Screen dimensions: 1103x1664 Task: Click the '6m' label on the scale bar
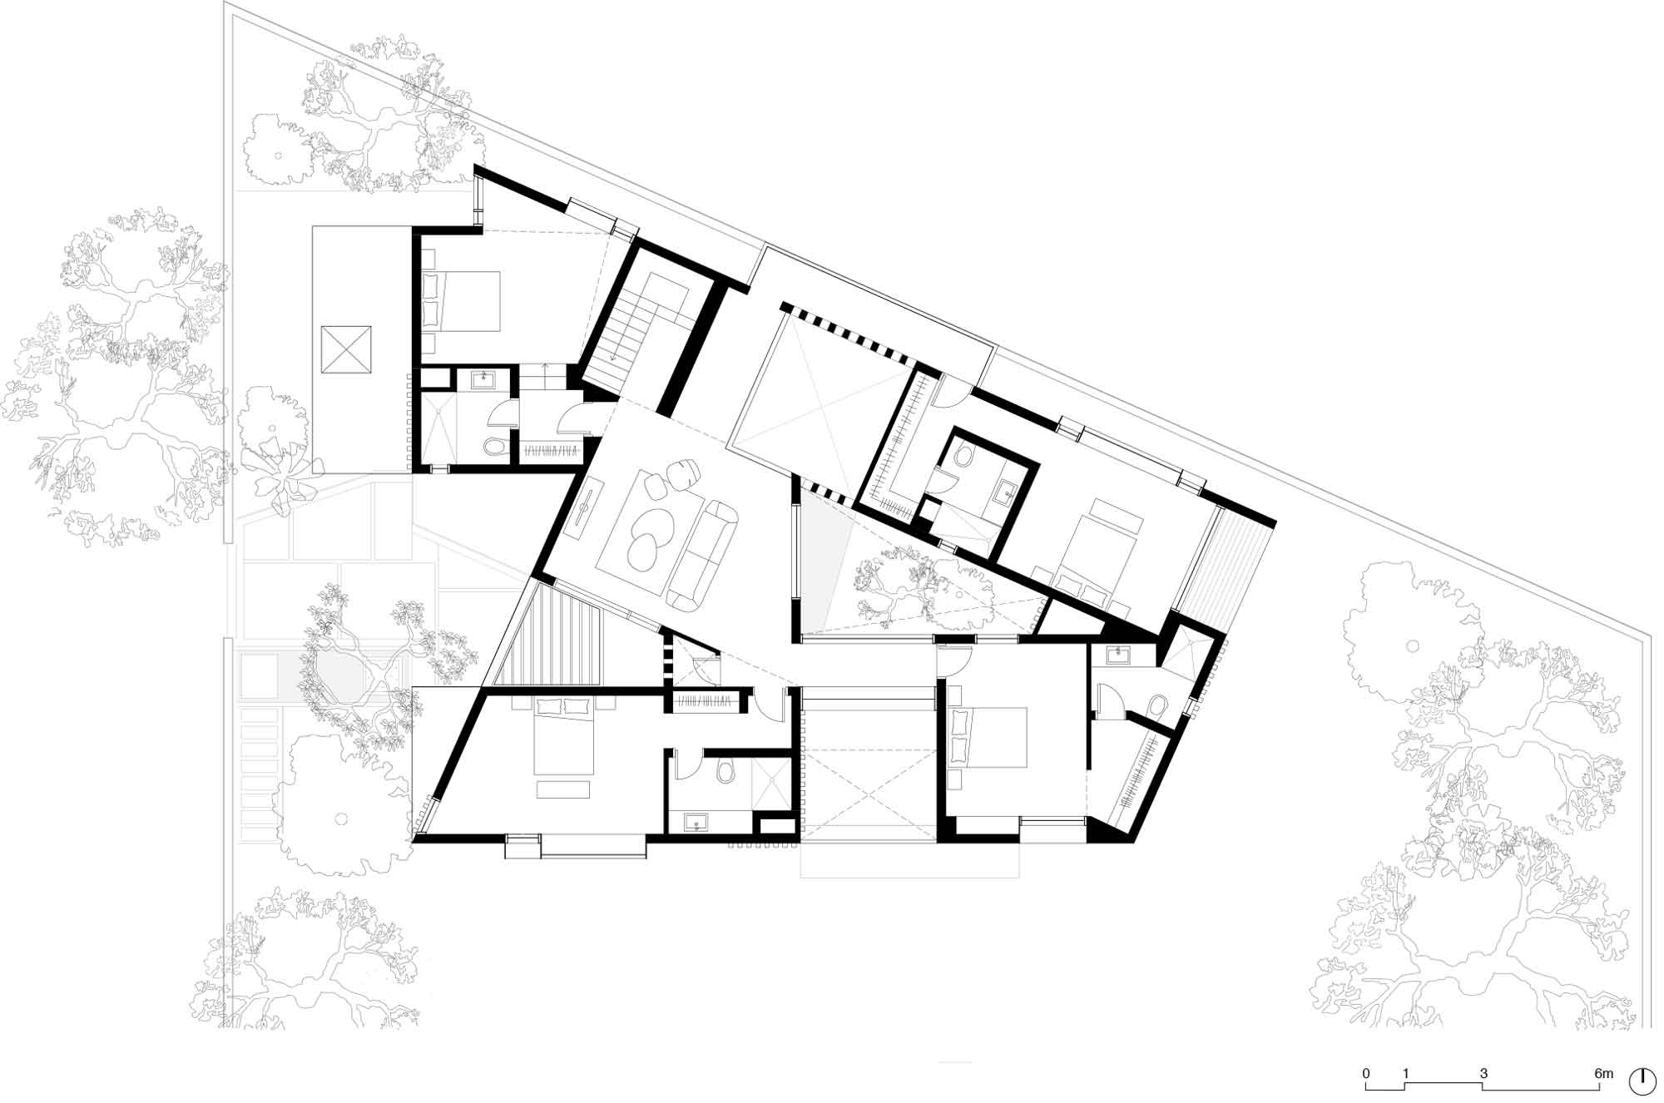[x=1603, y=1074]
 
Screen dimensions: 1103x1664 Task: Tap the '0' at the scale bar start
[x=1365, y=1074]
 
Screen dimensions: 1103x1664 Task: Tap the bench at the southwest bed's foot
[x=565, y=789]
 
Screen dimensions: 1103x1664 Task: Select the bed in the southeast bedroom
[x=989, y=736]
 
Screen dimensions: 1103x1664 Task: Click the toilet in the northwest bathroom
[x=494, y=448]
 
